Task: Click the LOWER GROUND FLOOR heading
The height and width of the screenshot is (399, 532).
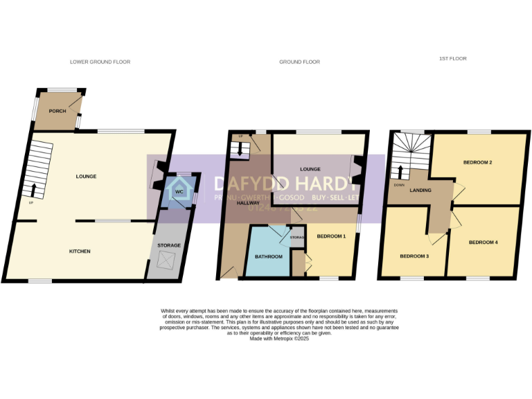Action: point(100,62)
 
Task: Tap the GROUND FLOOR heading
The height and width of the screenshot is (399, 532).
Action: point(299,62)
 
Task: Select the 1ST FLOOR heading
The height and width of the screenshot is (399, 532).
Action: point(453,59)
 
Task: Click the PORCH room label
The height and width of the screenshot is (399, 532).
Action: point(57,111)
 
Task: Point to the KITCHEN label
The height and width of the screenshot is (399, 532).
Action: point(80,251)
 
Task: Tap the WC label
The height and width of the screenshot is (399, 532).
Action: point(179,191)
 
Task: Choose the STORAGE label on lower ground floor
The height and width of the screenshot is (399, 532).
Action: point(169,245)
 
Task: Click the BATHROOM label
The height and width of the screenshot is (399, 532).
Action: point(268,257)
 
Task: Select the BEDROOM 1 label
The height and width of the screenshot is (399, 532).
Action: point(331,237)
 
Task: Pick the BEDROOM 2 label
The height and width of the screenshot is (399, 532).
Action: point(478,162)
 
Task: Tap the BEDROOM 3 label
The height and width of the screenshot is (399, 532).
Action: point(414,256)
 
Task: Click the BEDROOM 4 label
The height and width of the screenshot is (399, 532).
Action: point(483,242)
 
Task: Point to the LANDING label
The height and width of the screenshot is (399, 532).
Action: point(420,190)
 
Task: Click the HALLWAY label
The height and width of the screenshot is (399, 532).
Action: point(248,203)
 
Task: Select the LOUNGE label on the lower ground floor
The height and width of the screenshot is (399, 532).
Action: point(86,176)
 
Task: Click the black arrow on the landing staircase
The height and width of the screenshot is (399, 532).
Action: point(399,171)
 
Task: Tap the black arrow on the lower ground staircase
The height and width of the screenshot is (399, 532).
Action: point(34,189)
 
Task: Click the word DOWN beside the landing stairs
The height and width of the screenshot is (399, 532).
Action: point(398,185)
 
